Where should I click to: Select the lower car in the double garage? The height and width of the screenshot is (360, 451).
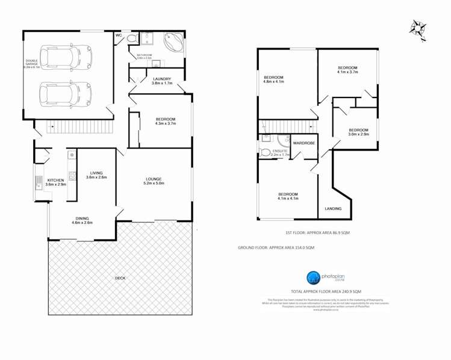(x=61, y=93)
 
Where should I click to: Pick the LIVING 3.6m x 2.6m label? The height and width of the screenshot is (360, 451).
(x=96, y=175)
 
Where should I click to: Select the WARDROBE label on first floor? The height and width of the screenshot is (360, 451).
(x=304, y=143)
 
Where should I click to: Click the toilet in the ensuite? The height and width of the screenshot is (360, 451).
(x=265, y=151)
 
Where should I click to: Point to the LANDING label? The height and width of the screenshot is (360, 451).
(x=333, y=209)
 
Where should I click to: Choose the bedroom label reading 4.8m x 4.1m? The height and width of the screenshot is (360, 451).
(x=273, y=79)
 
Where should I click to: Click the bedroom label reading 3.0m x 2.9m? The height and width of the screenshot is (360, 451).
(x=358, y=132)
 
